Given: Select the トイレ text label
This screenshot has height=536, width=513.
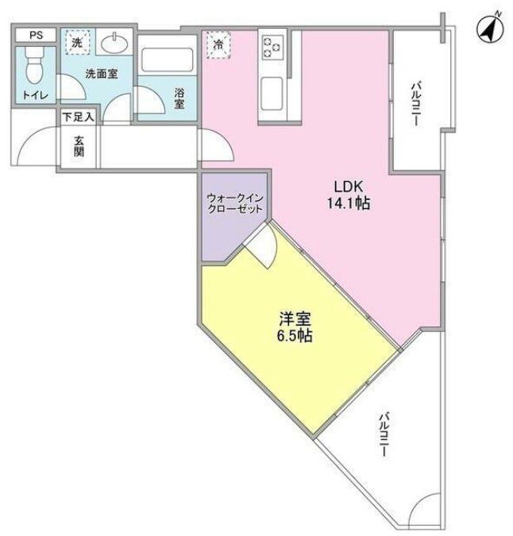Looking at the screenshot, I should click(x=35, y=96).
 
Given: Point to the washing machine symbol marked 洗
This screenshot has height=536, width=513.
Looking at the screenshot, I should click(x=77, y=43).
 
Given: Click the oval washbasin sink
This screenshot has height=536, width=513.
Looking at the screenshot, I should click(x=117, y=42).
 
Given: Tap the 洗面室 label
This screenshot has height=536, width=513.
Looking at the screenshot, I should click(x=102, y=73).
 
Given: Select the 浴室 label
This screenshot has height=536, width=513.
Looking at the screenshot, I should click(x=179, y=96).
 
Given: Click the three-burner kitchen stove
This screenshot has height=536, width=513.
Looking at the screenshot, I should click(x=272, y=45).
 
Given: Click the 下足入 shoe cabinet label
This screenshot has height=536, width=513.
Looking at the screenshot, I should click(x=79, y=117).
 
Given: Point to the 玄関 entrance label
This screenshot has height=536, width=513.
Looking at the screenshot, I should click(x=79, y=146).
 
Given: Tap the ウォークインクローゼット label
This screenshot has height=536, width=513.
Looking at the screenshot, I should click(x=237, y=202).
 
